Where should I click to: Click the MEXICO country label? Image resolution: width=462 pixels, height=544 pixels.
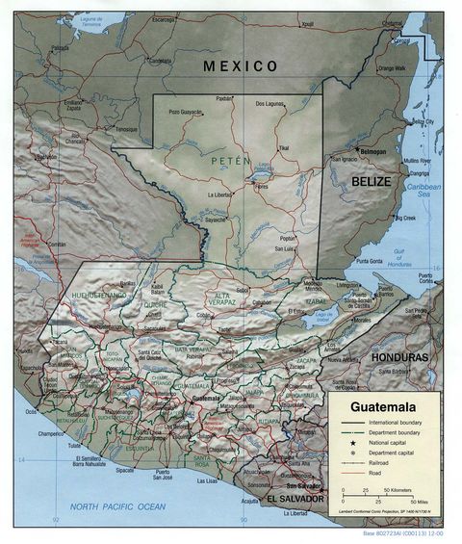click(x=240, y=66)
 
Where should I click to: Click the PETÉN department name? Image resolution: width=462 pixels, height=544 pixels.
click(x=231, y=161)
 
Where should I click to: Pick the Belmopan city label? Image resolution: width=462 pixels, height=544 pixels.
click(x=372, y=151)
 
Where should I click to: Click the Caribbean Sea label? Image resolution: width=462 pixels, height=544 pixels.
click(x=422, y=189)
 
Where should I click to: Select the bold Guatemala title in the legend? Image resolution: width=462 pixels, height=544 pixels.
click(x=382, y=406)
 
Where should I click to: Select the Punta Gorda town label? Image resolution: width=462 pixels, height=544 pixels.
click(x=370, y=261)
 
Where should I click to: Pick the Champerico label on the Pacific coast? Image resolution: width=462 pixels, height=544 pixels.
click(x=57, y=435)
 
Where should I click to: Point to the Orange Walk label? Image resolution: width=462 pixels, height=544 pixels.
click(x=392, y=67)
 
